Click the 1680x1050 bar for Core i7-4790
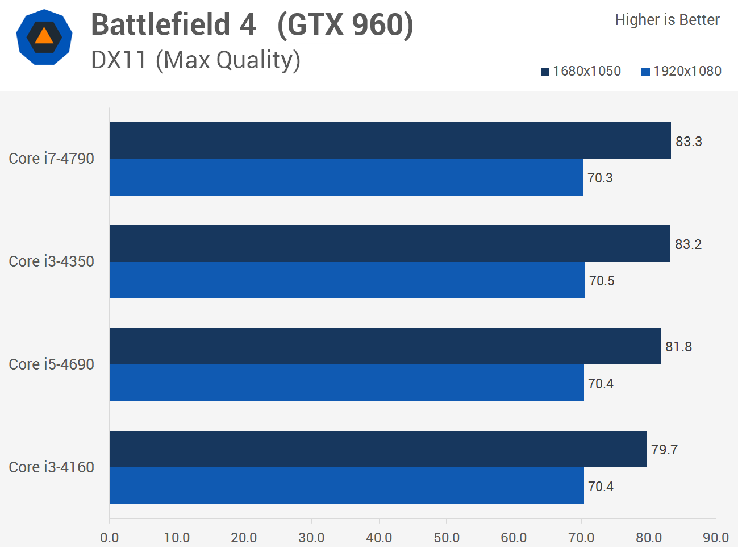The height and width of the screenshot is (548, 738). (x=390, y=140)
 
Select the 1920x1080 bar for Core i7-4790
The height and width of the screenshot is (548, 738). (x=347, y=177)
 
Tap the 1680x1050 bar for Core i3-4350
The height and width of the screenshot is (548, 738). (x=390, y=243)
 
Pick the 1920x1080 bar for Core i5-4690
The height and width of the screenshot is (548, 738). (x=347, y=383)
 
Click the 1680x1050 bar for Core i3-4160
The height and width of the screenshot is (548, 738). (x=378, y=449)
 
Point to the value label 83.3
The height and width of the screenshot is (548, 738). (x=689, y=142)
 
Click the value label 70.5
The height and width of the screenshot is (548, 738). (x=602, y=281)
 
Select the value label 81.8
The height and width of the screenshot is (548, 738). (x=678, y=347)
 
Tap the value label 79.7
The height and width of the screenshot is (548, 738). (x=664, y=450)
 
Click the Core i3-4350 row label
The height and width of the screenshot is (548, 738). (x=52, y=261)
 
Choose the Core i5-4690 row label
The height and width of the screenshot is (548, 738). (x=52, y=364)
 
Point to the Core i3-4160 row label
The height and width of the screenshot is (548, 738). (x=52, y=467)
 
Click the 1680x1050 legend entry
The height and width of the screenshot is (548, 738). (x=581, y=71)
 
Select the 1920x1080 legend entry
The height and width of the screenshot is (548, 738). (x=682, y=71)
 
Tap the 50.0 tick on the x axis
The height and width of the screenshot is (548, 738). (x=447, y=538)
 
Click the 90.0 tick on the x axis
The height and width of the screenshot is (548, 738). (x=716, y=538)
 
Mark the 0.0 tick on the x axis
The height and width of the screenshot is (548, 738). (x=110, y=538)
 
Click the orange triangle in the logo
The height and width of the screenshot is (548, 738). (x=44, y=36)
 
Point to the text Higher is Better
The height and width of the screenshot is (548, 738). (x=667, y=20)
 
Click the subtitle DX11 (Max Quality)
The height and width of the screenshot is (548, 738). (x=195, y=60)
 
